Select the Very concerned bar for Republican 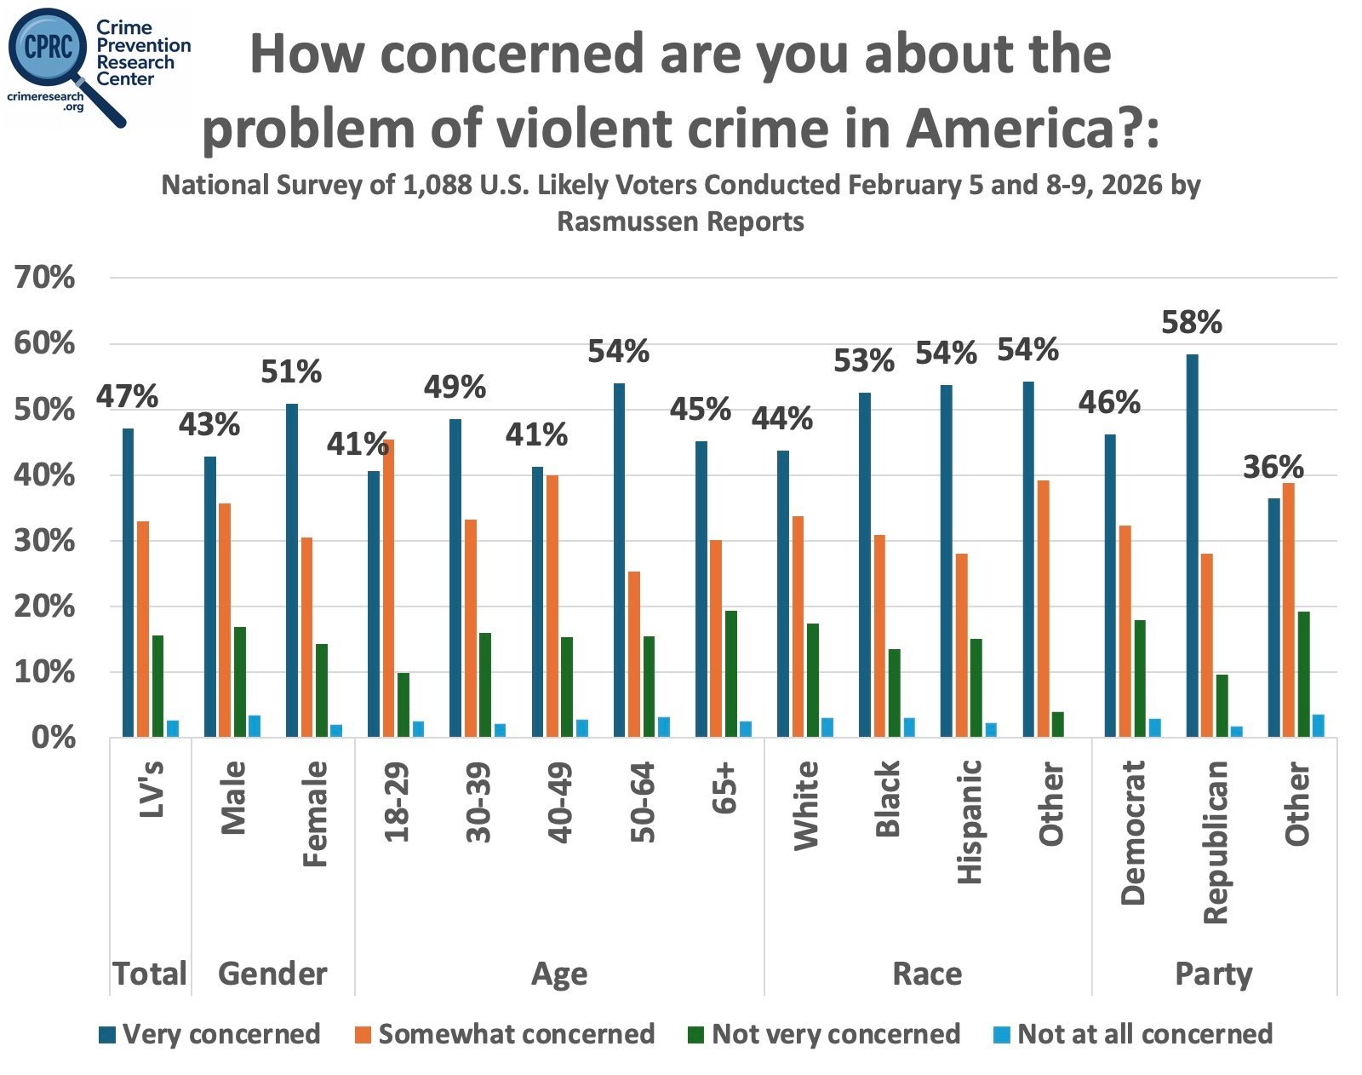point(1192,545)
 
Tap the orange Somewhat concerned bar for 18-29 point(388,588)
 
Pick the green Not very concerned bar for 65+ point(730,673)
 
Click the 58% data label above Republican point(1192,322)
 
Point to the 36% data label point(1273,467)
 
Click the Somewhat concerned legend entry point(506,1034)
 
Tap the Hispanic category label point(970,821)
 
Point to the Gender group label point(272,974)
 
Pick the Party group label point(1213,974)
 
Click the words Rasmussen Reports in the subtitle point(680,221)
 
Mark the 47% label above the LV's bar point(127,396)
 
